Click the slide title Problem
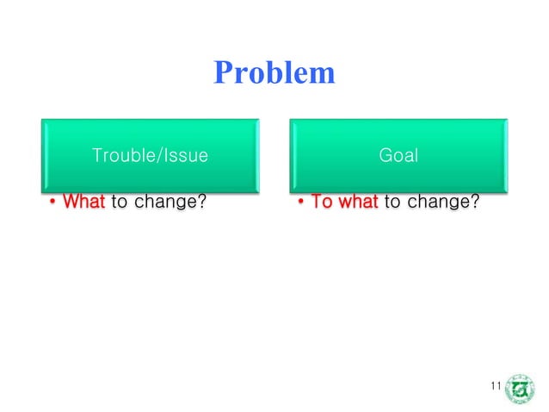point(274,72)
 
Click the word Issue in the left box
point(184,156)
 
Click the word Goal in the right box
point(398,156)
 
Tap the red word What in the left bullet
point(84,203)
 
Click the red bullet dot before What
point(53,204)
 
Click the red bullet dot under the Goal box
point(301,204)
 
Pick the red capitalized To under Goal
point(322,203)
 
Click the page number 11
point(495,385)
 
